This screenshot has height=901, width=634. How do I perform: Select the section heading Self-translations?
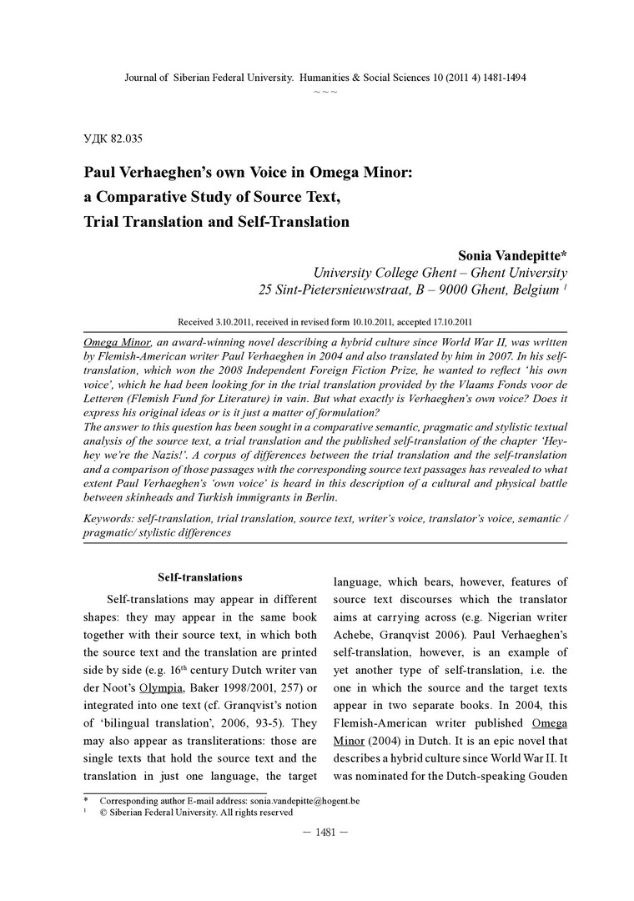(x=200, y=577)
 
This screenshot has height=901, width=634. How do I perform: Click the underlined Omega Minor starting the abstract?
(x=117, y=343)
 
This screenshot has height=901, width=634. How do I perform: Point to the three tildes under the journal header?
(x=325, y=90)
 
